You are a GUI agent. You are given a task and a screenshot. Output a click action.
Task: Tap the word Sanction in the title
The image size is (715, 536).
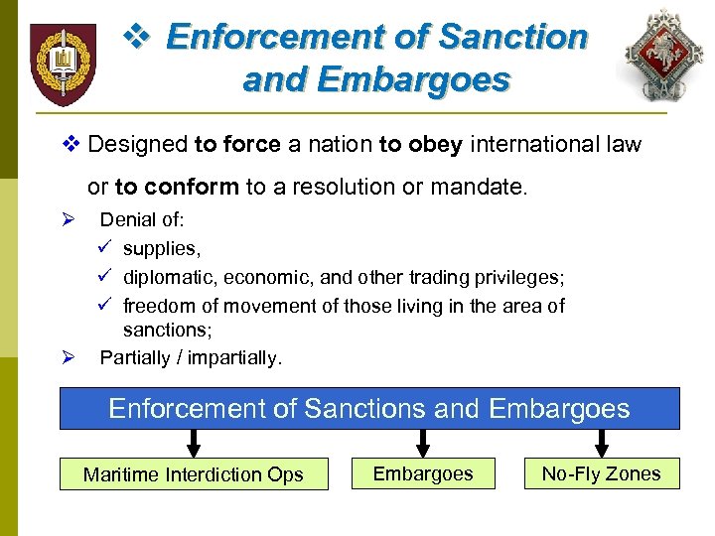pyautogui.click(x=512, y=37)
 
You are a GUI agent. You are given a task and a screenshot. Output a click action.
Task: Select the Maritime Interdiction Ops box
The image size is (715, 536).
pyautogui.click(x=194, y=474)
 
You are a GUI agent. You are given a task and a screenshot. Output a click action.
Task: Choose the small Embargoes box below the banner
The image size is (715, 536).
pyautogui.click(x=423, y=473)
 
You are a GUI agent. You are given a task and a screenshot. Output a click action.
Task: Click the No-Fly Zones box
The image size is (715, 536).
pyautogui.click(x=601, y=473)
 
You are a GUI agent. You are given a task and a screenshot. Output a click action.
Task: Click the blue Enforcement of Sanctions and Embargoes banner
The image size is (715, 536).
pyautogui.click(x=369, y=408)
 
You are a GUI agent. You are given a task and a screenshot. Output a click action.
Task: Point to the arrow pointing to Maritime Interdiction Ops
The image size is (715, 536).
pyautogui.click(x=194, y=443)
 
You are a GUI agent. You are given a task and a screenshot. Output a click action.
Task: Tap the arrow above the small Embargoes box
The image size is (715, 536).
pyautogui.click(x=423, y=443)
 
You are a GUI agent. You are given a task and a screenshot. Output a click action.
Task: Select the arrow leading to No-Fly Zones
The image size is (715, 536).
pyautogui.click(x=600, y=443)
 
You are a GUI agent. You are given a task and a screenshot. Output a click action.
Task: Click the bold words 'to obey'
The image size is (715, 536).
pyautogui.click(x=421, y=145)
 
